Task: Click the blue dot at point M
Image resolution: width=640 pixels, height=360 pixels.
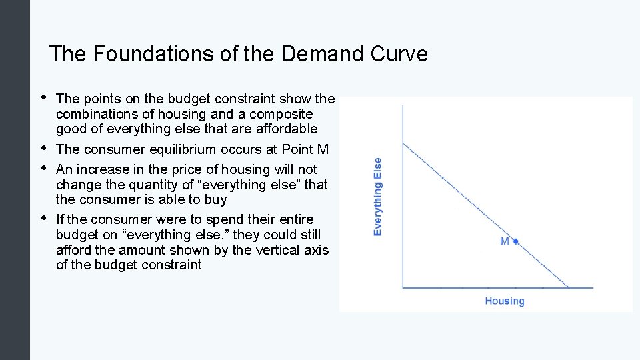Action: click(x=515, y=241)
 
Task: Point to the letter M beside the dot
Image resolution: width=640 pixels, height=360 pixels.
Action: click(x=505, y=241)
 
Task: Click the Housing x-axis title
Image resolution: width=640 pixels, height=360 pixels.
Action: click(x=504, y=301)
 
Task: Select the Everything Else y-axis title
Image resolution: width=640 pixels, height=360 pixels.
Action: click(x=378, y=196)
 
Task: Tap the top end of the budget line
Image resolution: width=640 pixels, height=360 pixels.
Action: click(x=403, y=142)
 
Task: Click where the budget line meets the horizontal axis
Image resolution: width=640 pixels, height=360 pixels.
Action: click(x=569, y=288)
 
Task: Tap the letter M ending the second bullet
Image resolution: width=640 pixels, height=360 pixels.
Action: click(x=323, y=149)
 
